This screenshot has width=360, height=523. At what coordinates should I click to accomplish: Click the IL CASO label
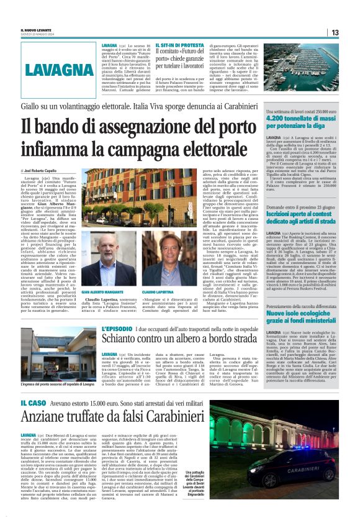click(37, 404)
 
